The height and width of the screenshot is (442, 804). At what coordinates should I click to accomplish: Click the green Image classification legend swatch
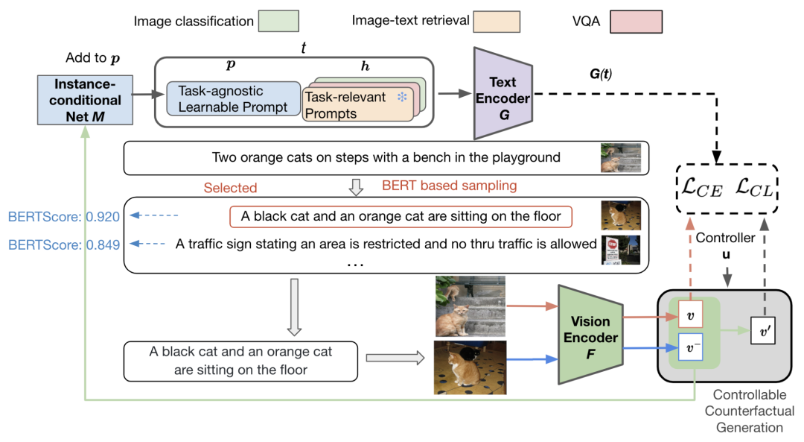tap(279, 21)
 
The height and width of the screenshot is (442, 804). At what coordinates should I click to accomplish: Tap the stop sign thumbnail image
tap(620, 250)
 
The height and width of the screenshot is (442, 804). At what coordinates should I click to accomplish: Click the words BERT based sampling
tap(449, 186)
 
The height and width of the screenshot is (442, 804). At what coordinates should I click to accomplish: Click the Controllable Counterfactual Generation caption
tap(753, 411)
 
